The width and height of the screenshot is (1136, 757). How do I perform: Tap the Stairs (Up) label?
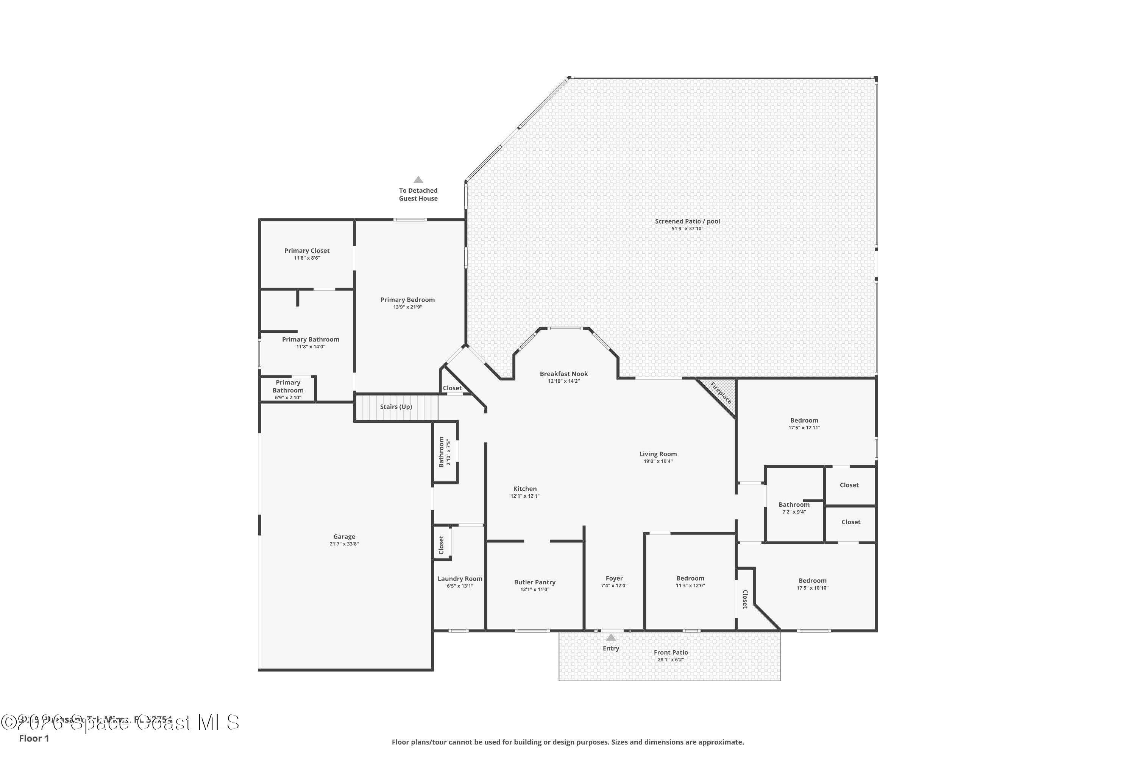pyautogui.click(x=396, y=407)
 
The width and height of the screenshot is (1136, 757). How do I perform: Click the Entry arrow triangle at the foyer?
pyautogui.click(x=611, y=637)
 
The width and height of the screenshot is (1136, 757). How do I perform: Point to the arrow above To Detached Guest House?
pyautogui.click(x=418, y=179)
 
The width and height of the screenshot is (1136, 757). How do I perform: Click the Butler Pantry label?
pyautogui.click(x=535, y=582)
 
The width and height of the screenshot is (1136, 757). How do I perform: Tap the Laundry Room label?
pyautogui.click(x=460, y=579)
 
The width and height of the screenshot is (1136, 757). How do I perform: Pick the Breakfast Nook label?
pyautogui.click(x=564, y=374)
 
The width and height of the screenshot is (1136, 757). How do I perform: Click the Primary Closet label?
pyautogui.click(x=307, y=251)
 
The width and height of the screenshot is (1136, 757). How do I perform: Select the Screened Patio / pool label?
pyautogui.click(x=687, y=221)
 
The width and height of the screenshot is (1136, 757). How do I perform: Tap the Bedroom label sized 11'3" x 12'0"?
pyautogui.click(x=690, y=578)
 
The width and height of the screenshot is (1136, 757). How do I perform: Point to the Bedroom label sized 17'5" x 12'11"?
pyautogui.click(x=804, y=421)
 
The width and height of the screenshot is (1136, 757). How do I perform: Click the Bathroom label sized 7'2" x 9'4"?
pyautogui.click(x=794, y=505)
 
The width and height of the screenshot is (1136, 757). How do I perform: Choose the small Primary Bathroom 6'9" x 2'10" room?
pyautogui.click(x=288, y=389)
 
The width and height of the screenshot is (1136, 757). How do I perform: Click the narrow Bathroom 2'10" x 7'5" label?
pyautogui.click(x=441, y=452)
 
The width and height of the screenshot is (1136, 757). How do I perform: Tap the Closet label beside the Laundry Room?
pyautogui.click(x=441, y=545)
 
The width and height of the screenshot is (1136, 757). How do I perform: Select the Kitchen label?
pyautogui.click(x=525, y=489)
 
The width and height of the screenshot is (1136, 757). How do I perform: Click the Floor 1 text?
pyautogui.click(x=34, y=738)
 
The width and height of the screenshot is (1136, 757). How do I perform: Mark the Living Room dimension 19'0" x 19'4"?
pyautogui.click(x=658, y=461)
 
